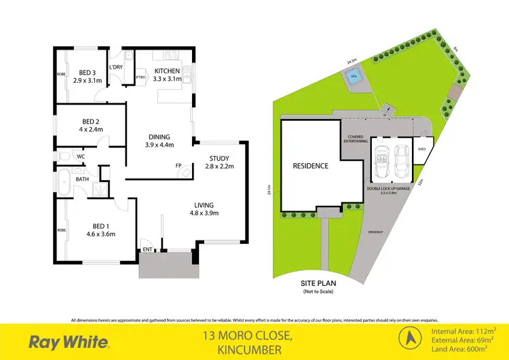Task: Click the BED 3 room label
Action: pyautogui.click(x=86, y=73)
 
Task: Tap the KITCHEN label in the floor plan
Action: pyautogui.click(x=166, y=71)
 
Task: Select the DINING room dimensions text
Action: pyautogui.click(x=160, y=145)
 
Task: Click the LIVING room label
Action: pyautogui.click(x=204, y=204)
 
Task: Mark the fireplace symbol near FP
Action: pyautogui.click(x=185, y=173)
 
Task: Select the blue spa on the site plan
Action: pyautogui.click(x=352, y=77)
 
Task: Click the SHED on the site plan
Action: pyautogui.click(x=421, y=151)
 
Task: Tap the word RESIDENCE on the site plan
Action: pyautogui.click(x=311, y=166)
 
